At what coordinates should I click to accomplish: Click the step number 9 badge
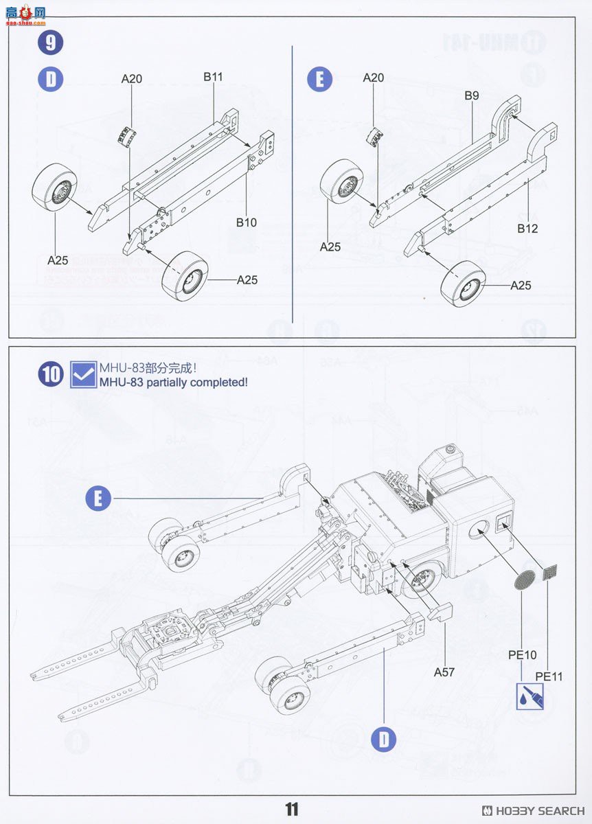[50, 43]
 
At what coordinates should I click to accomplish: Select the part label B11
[213, 77]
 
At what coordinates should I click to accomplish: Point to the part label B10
[246, 222]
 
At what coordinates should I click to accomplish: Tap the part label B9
[471, 95]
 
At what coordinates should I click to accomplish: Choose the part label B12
[527, 229]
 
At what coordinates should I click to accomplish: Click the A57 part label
[444, 672]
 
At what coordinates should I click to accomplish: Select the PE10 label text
[522, 655]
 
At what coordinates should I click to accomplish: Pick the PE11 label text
[549, 676]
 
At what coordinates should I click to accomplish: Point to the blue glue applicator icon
[530, 696]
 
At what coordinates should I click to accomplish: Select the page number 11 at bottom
[292, 810]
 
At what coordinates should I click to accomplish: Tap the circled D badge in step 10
[384, 740]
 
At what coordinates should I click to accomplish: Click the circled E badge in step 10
[98, 498]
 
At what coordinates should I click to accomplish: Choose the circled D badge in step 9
[50, 79]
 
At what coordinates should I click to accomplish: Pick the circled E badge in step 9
[319, 79]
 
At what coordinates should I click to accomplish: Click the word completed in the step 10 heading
[217, 382]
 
